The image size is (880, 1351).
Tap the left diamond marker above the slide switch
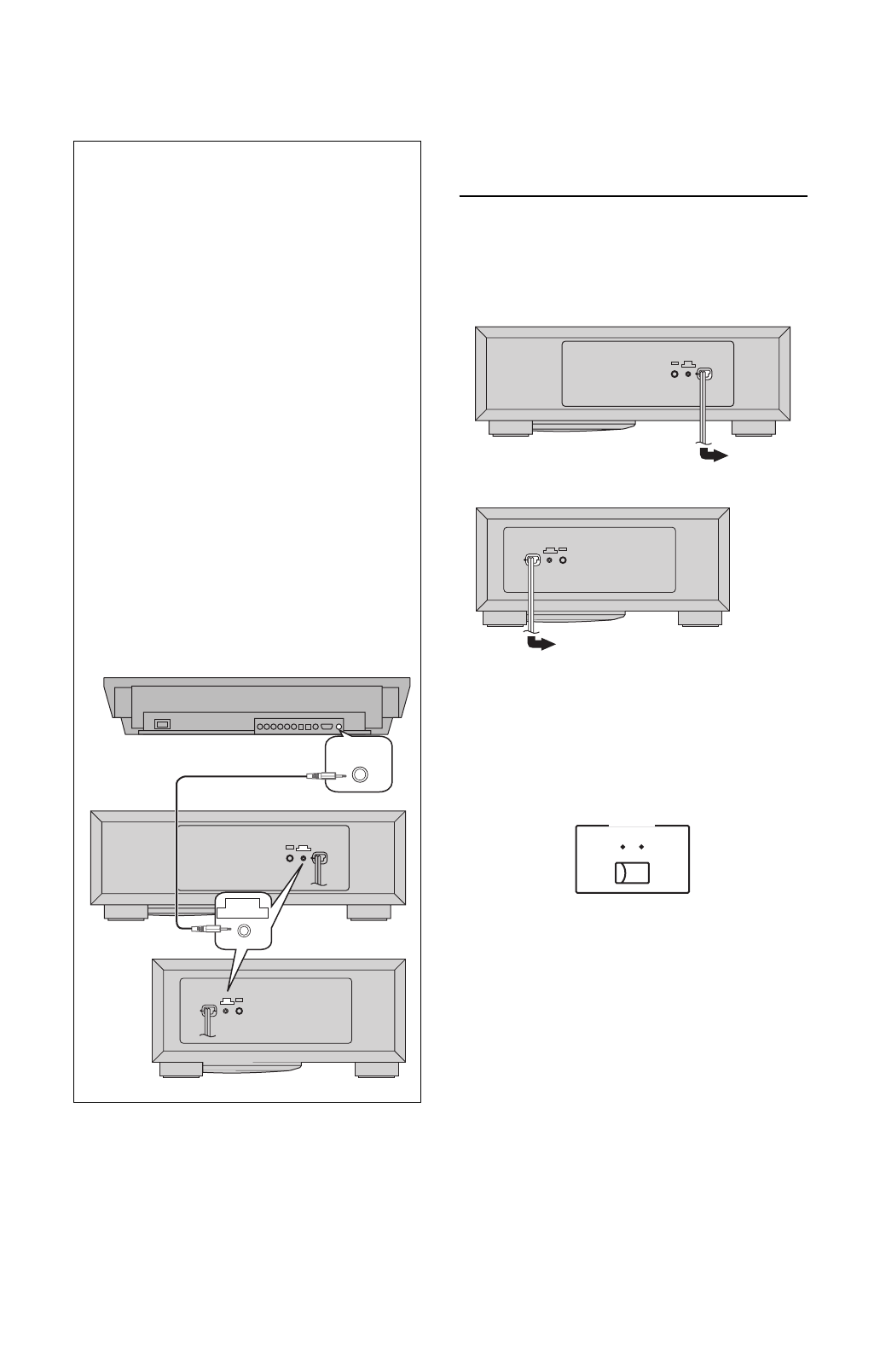[x=623, y=848]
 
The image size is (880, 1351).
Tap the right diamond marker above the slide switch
[x=642, y=848]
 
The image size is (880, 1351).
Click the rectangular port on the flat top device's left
[x=162, y=725]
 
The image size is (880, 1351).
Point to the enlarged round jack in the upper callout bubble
[x=360, y=774]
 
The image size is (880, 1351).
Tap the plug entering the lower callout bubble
[x=206, y=930]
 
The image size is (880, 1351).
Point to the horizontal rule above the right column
[x=633, y=196]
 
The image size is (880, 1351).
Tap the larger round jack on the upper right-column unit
[x=674, y=374]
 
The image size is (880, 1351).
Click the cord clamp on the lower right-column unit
[x=532, y=560]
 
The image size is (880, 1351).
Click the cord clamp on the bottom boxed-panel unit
[x=207, y=1012]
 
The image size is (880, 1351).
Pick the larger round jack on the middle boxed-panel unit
[x=290, y=857]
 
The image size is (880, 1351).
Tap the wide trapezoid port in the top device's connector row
[x=326, y=727]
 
